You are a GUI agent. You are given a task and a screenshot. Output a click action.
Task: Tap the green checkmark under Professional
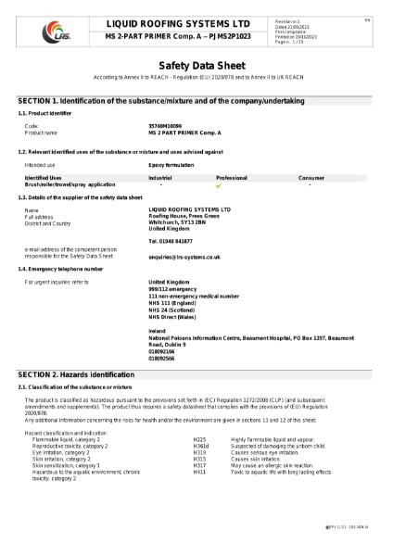point(220,184)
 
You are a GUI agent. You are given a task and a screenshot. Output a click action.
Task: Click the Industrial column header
point(160,176)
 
